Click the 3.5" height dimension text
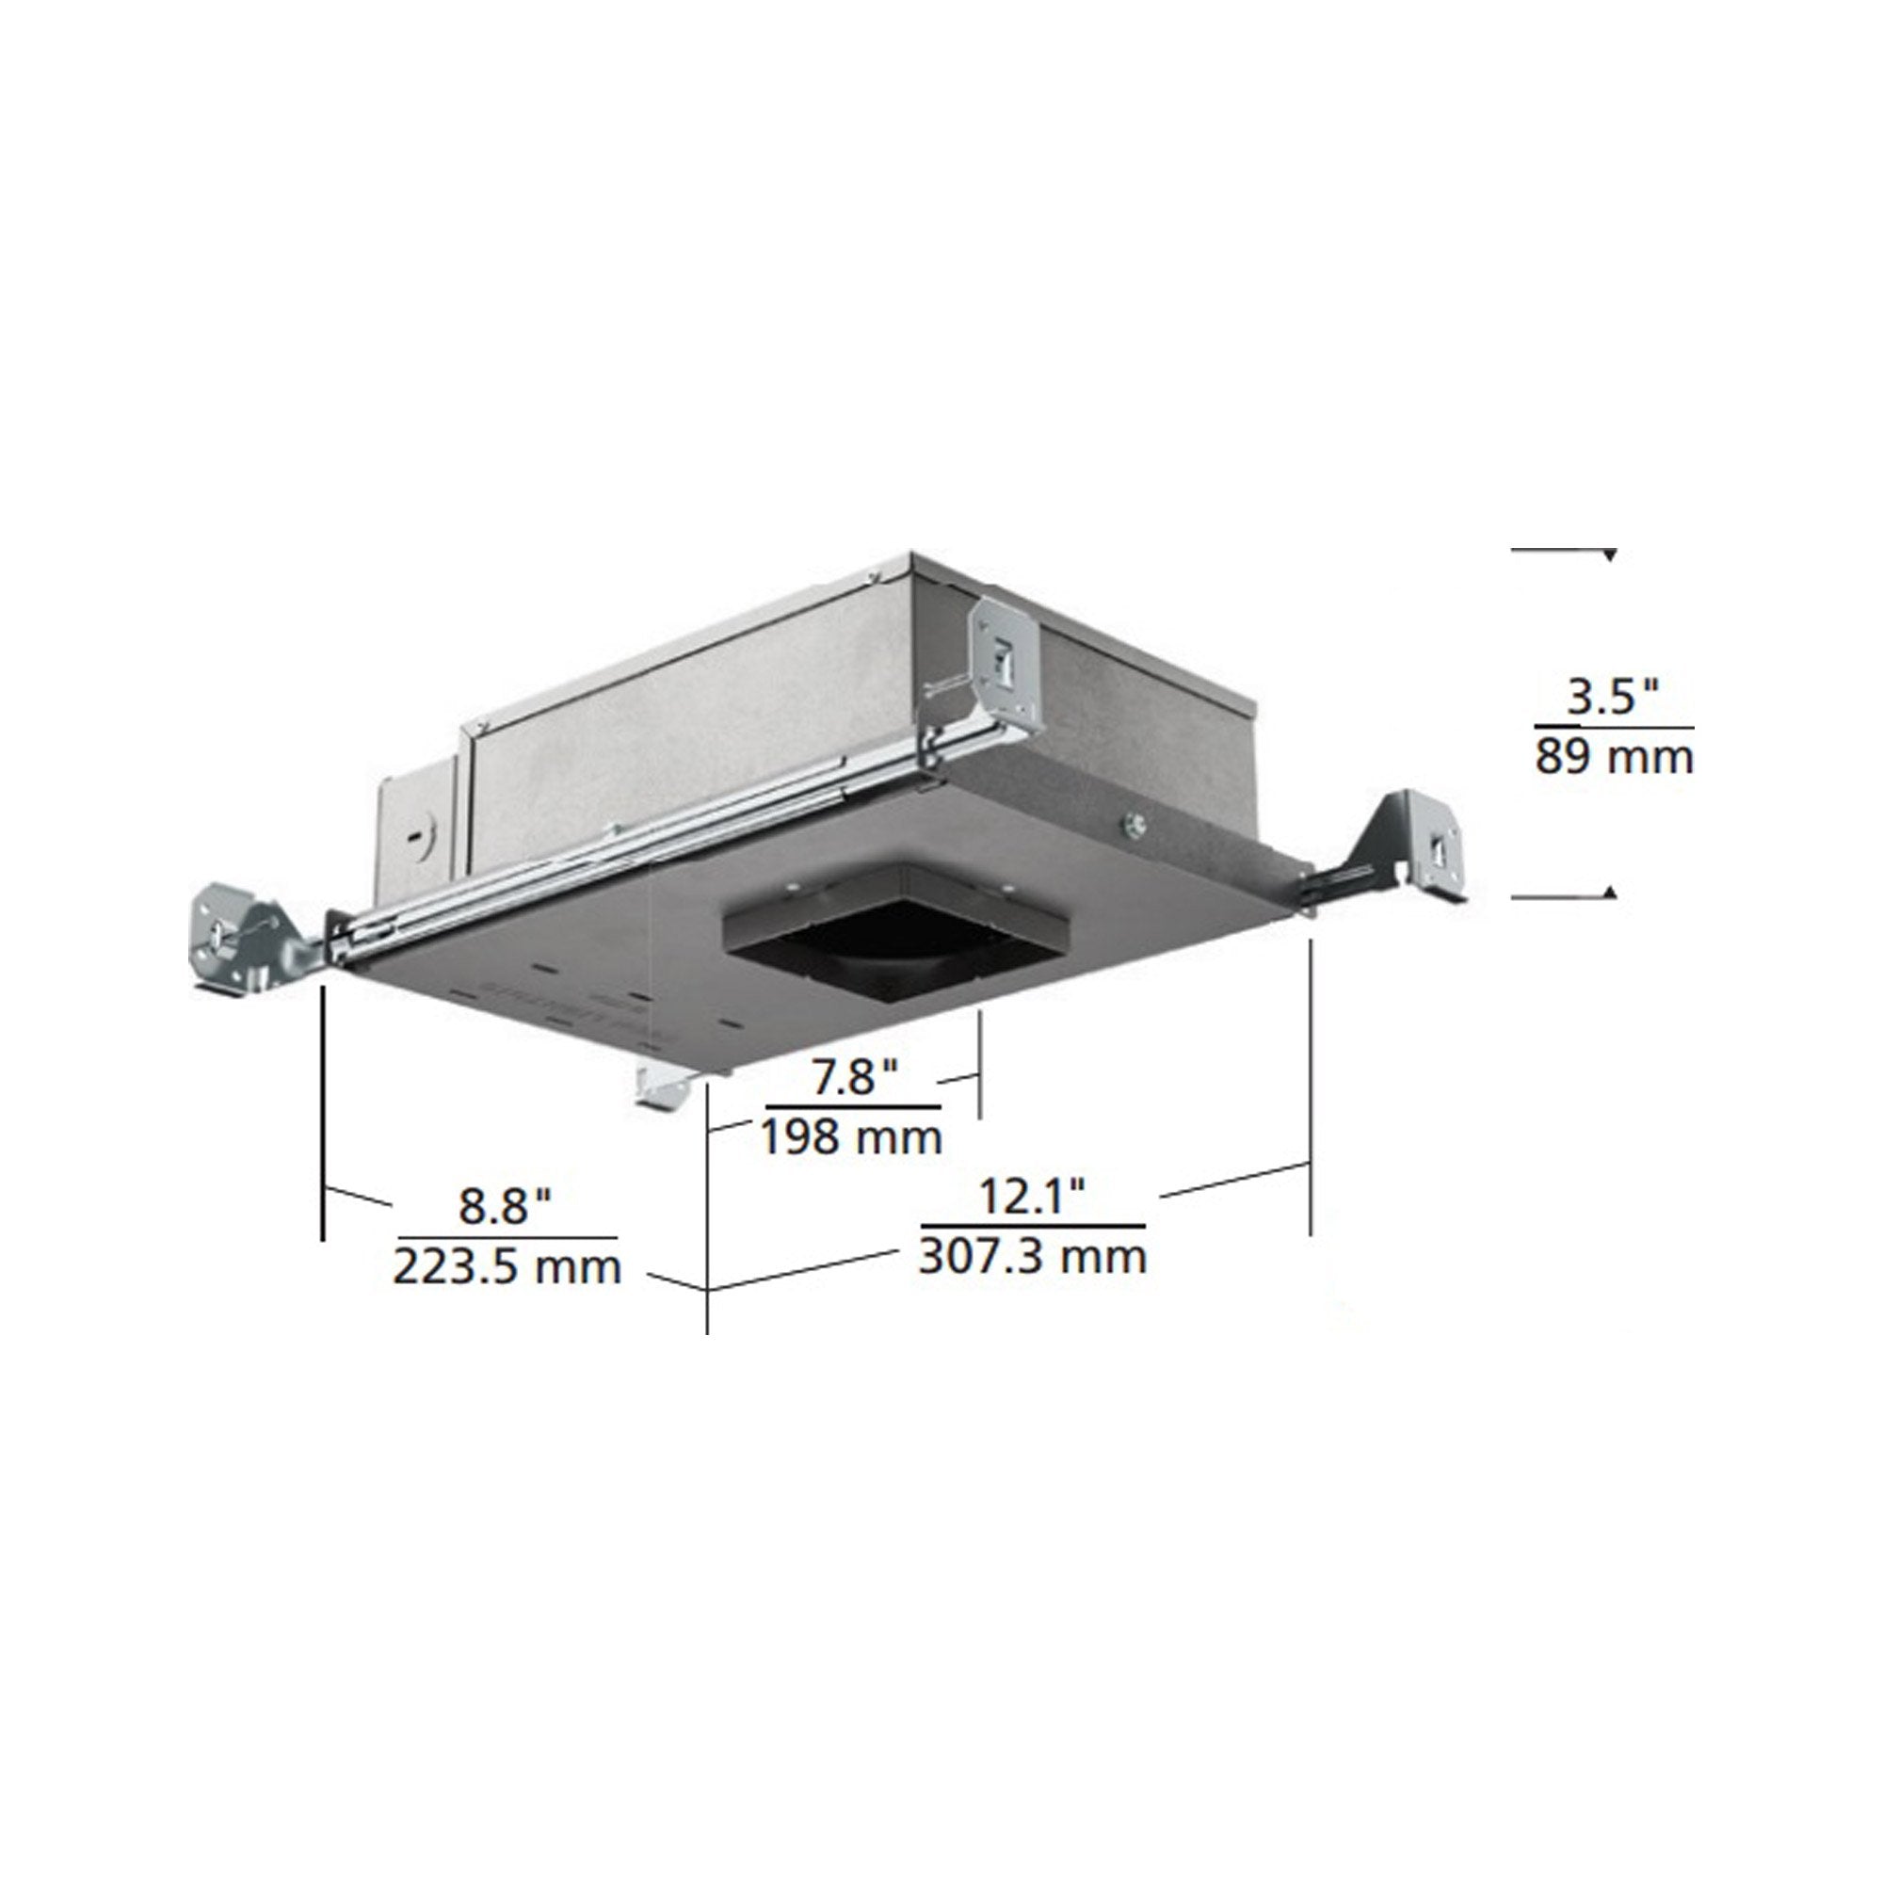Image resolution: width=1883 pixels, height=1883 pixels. point(1612,698)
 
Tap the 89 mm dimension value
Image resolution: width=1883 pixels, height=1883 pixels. point(1614,757)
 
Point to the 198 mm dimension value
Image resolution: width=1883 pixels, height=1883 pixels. point(852,1136)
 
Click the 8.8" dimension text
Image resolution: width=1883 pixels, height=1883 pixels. point(506,1206)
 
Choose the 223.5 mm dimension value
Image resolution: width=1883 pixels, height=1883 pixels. point(507,1267)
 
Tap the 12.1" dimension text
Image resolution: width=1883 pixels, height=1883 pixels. point(1032,1195)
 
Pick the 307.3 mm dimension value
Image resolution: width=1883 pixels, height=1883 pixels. point(1032,1255)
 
